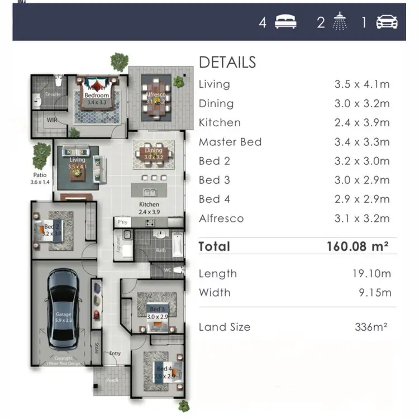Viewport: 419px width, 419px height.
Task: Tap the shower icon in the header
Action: tap(340, 22)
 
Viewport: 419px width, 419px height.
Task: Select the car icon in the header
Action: tap(387, 22)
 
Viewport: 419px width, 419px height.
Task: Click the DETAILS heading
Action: tap(227, 62)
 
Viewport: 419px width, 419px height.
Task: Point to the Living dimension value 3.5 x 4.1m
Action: tap(361, 84)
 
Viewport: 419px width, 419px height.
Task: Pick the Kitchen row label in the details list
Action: tap(220, 122)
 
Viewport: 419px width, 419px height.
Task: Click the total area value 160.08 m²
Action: tap(358, 246)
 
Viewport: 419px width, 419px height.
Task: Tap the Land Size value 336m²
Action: tap(371, 327)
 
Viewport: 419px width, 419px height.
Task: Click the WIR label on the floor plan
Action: tap(52, 120)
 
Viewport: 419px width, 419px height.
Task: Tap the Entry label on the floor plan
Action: tap(115, 353)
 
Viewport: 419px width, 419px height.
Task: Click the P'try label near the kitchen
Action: tap(123, 222)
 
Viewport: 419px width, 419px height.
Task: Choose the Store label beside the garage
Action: tap(96, 348)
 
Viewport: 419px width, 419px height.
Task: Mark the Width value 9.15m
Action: tap(375, 293)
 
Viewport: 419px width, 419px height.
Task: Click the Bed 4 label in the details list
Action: tap(215, 199)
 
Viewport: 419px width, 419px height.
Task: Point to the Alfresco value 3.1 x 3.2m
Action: tap(361, 218)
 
